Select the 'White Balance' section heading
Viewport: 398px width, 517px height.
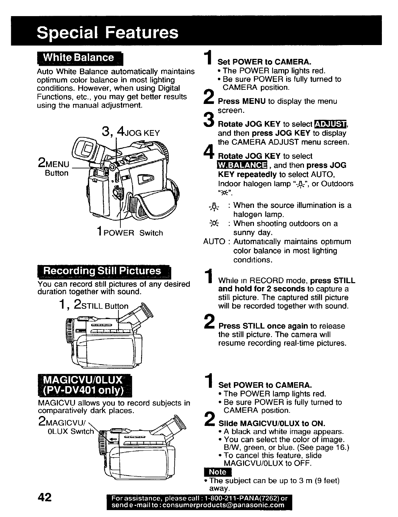click(79, 58)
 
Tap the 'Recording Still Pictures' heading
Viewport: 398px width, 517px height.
click(103, 271)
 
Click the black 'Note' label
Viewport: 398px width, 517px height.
click(218, 472)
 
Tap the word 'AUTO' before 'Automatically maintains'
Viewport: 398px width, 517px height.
click(214, 242)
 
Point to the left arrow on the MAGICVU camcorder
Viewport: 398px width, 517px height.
click(114, 439)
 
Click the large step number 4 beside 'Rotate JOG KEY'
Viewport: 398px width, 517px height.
click(208, 152)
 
